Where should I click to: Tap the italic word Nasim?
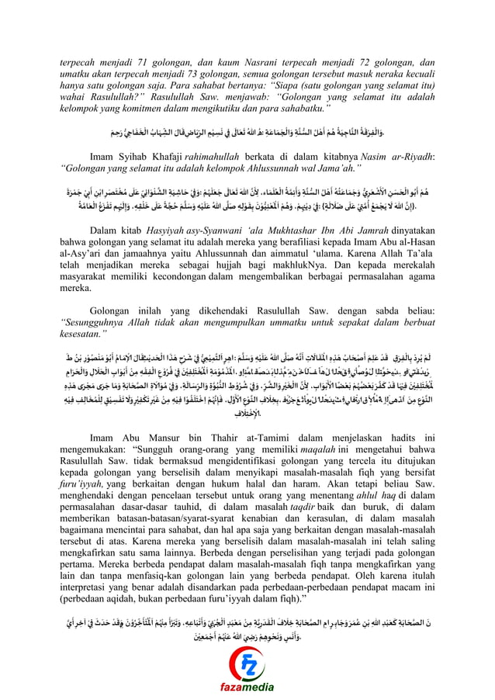[x=361, y=154]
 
